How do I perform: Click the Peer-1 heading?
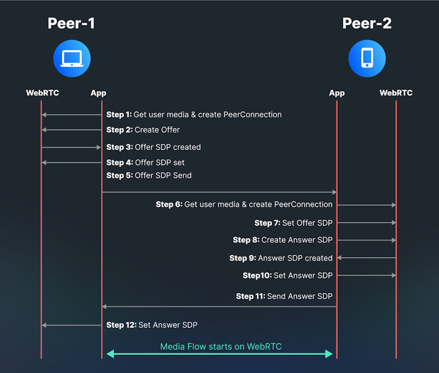click(x=71, y=23)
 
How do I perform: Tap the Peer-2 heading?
click(x=367, y=23)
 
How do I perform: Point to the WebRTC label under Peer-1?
click(x=42, y=93)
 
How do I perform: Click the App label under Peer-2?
click(x=336, y=93)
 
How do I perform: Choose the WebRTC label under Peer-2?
click(x=396, y=93)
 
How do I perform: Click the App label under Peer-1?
click(x=98, y=93)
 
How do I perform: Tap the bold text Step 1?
click(x=119, y=115)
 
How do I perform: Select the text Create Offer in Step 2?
click(x=157, y=130)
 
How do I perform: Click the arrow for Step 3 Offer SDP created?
click(x=71, y=147)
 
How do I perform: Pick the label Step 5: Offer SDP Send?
click(x=149, y=176)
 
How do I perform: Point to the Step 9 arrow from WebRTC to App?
click(x=366, y=258)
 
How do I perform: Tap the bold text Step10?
click(x=257, y=276)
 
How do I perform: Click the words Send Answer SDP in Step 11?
click(x=300, y=297)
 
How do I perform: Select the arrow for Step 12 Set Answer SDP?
click(x=71, y=325)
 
